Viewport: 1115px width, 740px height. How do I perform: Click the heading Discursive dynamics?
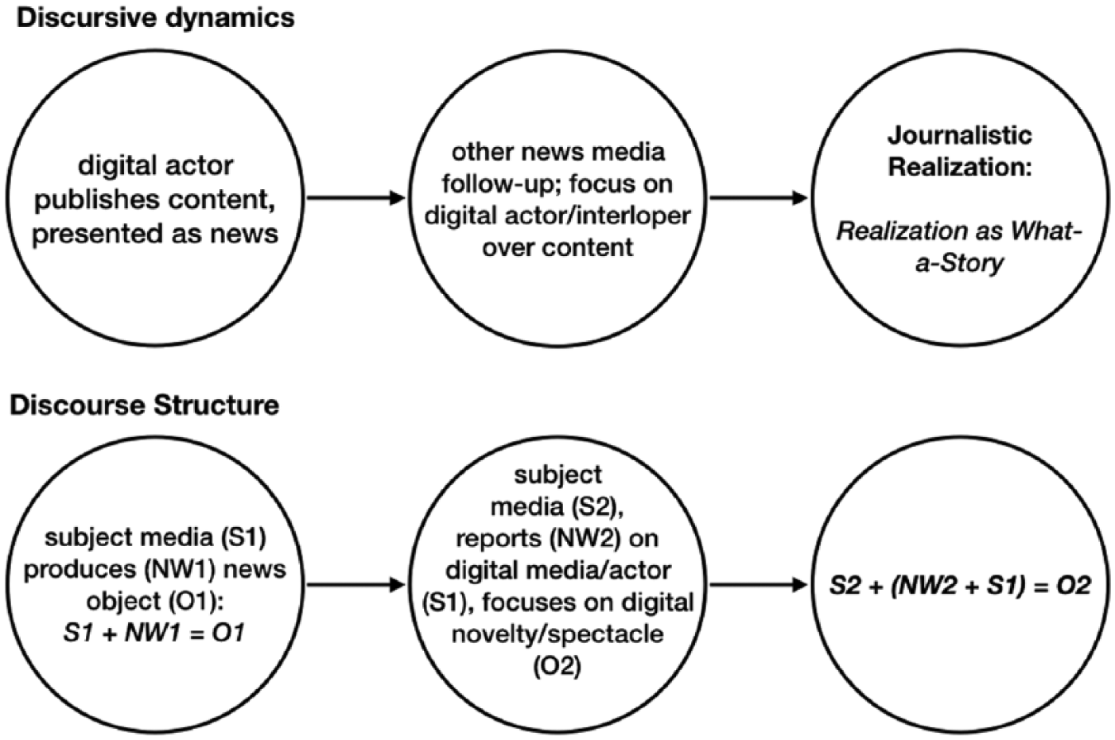click(155, 18)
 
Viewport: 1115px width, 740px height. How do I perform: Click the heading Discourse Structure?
click(145, 405)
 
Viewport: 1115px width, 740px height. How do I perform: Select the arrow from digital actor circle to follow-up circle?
click(355, 198)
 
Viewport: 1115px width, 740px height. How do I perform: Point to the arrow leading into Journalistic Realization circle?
click(758, 198)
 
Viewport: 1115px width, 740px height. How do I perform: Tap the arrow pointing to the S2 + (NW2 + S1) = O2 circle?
click(758, 585)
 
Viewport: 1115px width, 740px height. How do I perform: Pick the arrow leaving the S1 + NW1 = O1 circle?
click(355, 585)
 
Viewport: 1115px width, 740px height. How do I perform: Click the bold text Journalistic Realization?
click(960, 151)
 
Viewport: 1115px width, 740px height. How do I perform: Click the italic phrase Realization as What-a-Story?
click(959, 246)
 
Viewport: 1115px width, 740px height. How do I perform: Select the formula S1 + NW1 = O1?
click(154, 633)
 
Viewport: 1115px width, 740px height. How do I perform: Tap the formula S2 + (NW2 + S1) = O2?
click(960, 585)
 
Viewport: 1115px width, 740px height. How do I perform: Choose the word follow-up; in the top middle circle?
click(503, 184)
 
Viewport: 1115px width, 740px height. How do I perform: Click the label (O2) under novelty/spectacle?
click(557, 666)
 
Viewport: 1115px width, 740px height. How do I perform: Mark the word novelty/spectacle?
click(557, 634)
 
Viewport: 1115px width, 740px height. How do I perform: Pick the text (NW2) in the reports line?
click(585, 538)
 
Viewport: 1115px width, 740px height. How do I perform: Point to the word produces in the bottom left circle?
click(80, 570)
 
